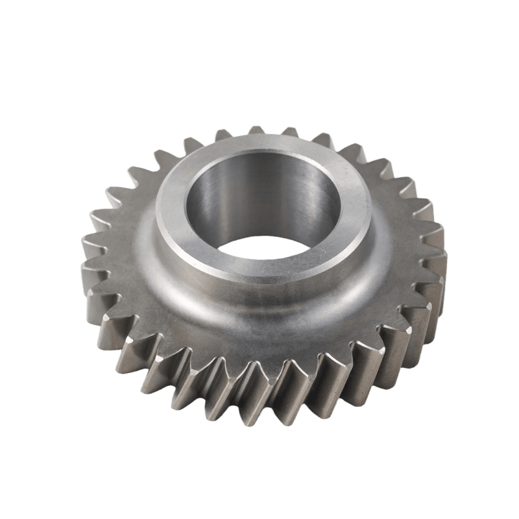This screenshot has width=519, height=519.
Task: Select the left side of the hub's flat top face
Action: click(170, 214)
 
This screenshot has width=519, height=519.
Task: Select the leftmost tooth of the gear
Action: click(91, 250)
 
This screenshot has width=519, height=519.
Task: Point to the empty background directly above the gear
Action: click(259, 65)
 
